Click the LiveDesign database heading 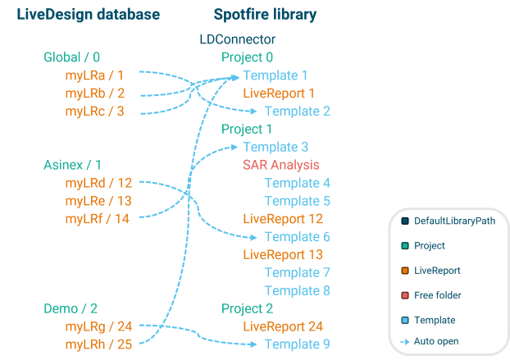click(88, 15)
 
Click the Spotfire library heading click(265, 15)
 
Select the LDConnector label click(237, 39)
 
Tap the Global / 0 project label click(71, 57)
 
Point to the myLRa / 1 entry click(94, 75)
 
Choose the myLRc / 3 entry click(94, 111)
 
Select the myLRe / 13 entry click(98, 201)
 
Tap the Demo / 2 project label click(71, 308)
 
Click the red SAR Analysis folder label click(280, 165)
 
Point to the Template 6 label click(297, 236)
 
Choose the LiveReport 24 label click(282, 326)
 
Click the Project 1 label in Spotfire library click(246, 129)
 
